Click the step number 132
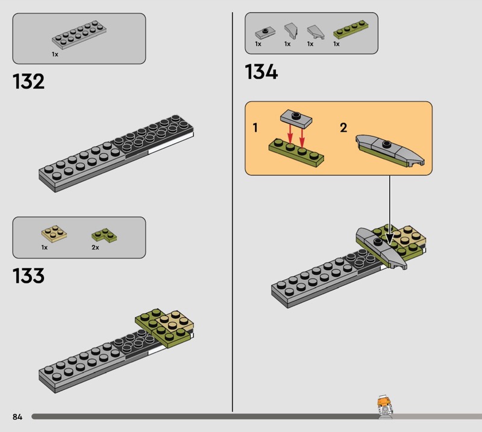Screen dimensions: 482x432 28,82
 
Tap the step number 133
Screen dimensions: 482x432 28,276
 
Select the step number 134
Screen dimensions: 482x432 261,72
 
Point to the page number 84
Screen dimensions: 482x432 17,416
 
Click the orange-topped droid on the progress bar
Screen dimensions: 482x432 384,407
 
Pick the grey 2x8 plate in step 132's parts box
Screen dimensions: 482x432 79,35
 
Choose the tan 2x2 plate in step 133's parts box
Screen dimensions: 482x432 54,233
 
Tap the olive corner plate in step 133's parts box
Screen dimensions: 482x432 104,235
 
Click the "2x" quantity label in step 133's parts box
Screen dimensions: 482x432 95,247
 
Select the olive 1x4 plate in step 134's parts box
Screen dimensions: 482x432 351,29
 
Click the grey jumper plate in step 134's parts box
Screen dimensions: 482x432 265,32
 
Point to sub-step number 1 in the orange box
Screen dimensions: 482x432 255,128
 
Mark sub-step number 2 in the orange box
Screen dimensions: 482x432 343,128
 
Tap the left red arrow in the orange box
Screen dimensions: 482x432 290,133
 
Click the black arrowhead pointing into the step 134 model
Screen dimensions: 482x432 389,239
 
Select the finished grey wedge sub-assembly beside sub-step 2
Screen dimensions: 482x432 390,150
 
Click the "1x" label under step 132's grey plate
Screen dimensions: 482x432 55,54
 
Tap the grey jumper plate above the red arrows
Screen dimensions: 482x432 296,119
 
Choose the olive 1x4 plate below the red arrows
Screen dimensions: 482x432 296,153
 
